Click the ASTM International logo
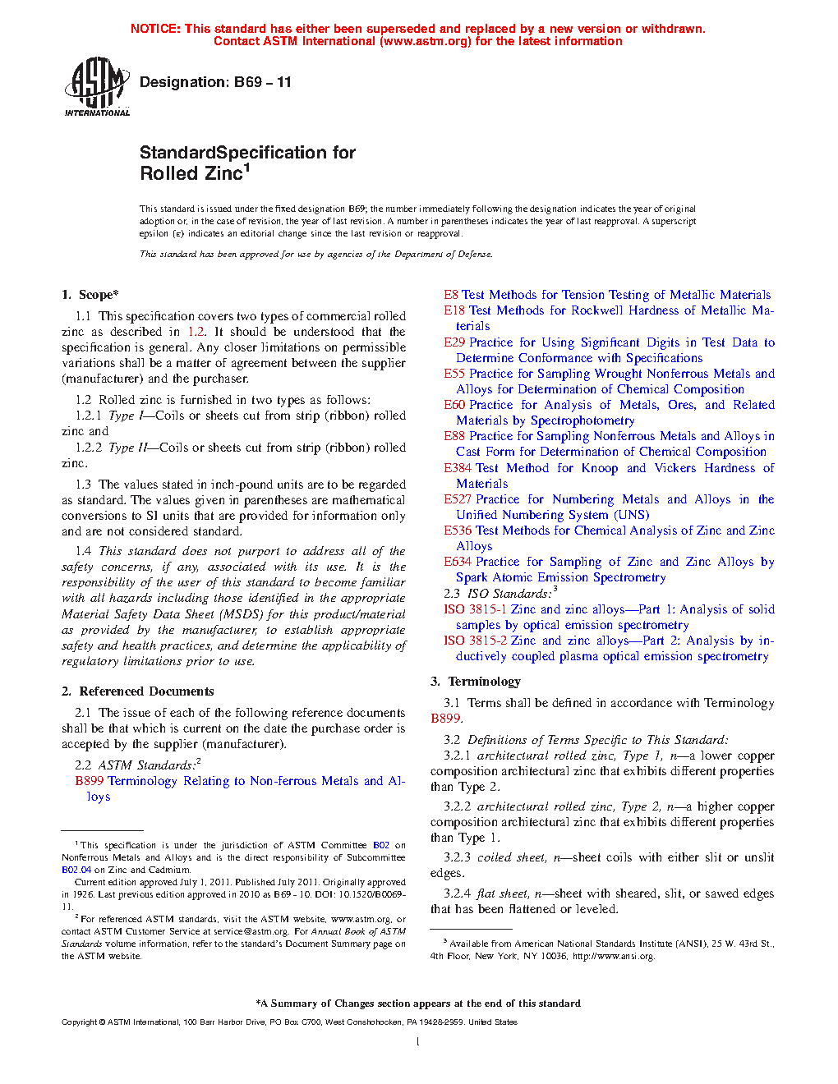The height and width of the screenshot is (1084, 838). click(96, 86)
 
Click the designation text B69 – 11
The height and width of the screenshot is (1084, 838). click(215, 82)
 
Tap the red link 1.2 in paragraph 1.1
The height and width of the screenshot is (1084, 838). click(196, 332)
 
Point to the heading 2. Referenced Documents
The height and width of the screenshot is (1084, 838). click(137, 691)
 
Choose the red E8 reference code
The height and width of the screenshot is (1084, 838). click(451, 295)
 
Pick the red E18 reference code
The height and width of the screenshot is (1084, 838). click(454, 310)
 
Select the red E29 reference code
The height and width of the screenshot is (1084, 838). click(454, 342)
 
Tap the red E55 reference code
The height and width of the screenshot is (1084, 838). click(454, 374)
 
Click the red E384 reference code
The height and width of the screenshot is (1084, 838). click(458, 468)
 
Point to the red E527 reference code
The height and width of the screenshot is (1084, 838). click(458, 499)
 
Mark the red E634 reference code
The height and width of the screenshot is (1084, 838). click(458, 562)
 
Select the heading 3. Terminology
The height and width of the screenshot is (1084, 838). click(476, 682)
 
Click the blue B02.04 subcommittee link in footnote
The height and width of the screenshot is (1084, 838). click(76, 870)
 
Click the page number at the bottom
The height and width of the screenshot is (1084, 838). click(418, 1042)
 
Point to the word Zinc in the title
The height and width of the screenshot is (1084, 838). click(223, 174)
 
